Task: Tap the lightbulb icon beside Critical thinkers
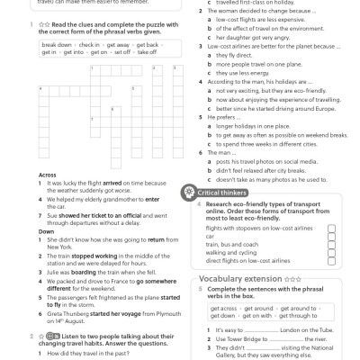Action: pyautogui.click(x=189, y=192)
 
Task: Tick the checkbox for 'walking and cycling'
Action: pyautogui.click(x=331, y=252)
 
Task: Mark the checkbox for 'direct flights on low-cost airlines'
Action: pyautogui.click(x=331, y=260)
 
